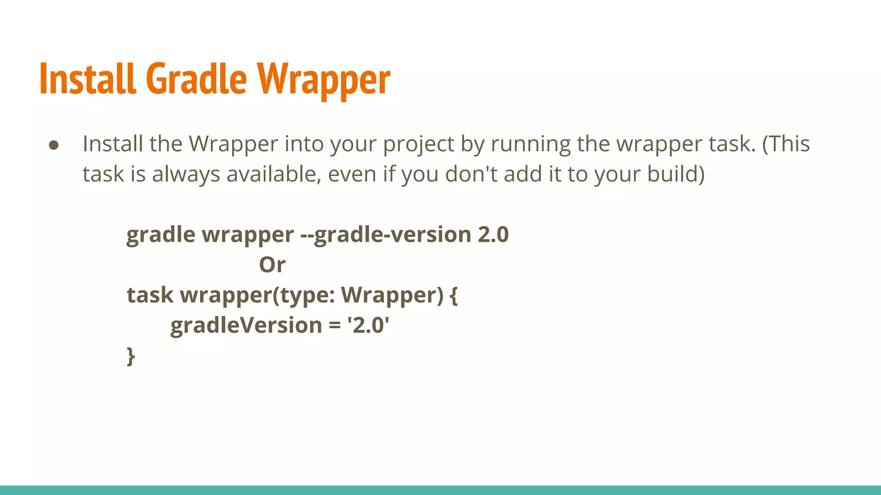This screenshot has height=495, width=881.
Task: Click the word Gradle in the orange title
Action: coord(197,79)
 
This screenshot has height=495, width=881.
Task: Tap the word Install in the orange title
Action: coord(88,79)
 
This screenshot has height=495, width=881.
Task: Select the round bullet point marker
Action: coord(54,145)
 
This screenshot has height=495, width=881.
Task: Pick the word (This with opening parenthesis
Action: coord(786,144)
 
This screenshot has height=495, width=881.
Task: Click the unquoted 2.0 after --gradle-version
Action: coord(493,235)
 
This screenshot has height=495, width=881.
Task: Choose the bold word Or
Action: coord(272,265)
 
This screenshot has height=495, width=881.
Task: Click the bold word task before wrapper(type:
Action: coord(150,295)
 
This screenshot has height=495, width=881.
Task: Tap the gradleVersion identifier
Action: coord(246,325)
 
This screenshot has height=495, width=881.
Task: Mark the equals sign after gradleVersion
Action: coord(335,326)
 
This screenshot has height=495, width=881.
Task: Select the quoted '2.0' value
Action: coord(368,325)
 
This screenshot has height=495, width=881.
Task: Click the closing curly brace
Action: coord(131,356)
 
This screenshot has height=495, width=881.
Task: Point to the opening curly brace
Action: coord(453,296)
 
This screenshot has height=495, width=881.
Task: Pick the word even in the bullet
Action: coord(352,174)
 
